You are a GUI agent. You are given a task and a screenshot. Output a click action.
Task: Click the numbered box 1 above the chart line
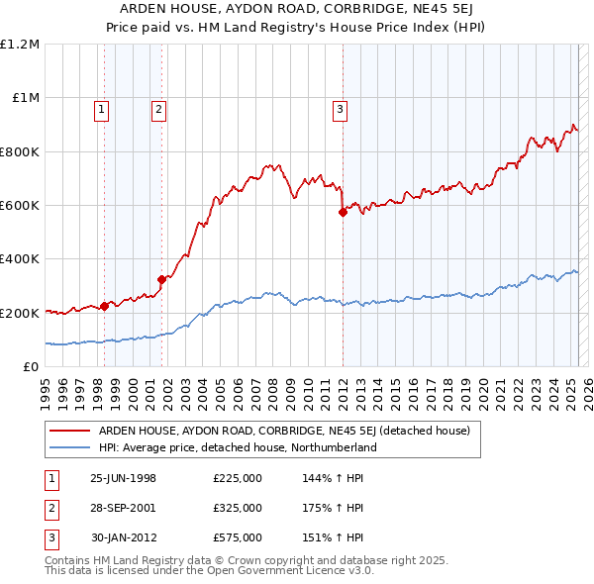[x=103, y=110]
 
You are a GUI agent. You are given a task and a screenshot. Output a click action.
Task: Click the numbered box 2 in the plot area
[x=158, y=110]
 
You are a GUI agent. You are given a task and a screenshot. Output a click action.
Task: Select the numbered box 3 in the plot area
[x=340, y=110]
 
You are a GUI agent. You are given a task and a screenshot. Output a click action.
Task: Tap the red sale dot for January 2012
[x=343, y=212]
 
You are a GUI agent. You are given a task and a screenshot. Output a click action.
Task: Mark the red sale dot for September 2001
[x=161, y=279]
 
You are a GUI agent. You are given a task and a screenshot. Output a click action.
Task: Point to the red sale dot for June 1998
[x=104, y=306]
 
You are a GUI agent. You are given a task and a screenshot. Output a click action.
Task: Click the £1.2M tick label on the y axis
[x=20, y=45]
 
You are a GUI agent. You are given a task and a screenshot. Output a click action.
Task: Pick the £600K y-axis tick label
[x=20, y=206]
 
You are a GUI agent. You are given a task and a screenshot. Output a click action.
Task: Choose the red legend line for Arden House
[x=69, y=431]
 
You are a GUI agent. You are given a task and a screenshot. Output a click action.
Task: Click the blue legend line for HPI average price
[x=69, y=447]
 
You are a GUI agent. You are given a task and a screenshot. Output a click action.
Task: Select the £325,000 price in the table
[x=238, y=508]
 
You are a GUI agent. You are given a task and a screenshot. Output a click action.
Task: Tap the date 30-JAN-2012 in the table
[x=123, y=537]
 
